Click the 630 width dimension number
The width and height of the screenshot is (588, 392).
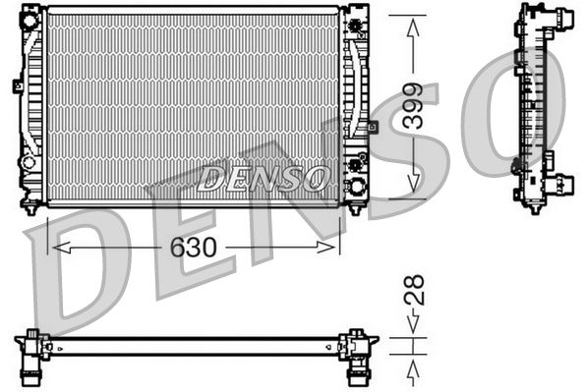[x=193, y=247]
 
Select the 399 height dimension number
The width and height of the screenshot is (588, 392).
[x=413, y=107]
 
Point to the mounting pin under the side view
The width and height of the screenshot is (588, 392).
[x=533, y=207]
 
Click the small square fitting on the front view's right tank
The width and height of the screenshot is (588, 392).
[x=373, y=127]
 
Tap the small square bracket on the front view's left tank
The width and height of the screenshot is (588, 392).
[x=18, y=85]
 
